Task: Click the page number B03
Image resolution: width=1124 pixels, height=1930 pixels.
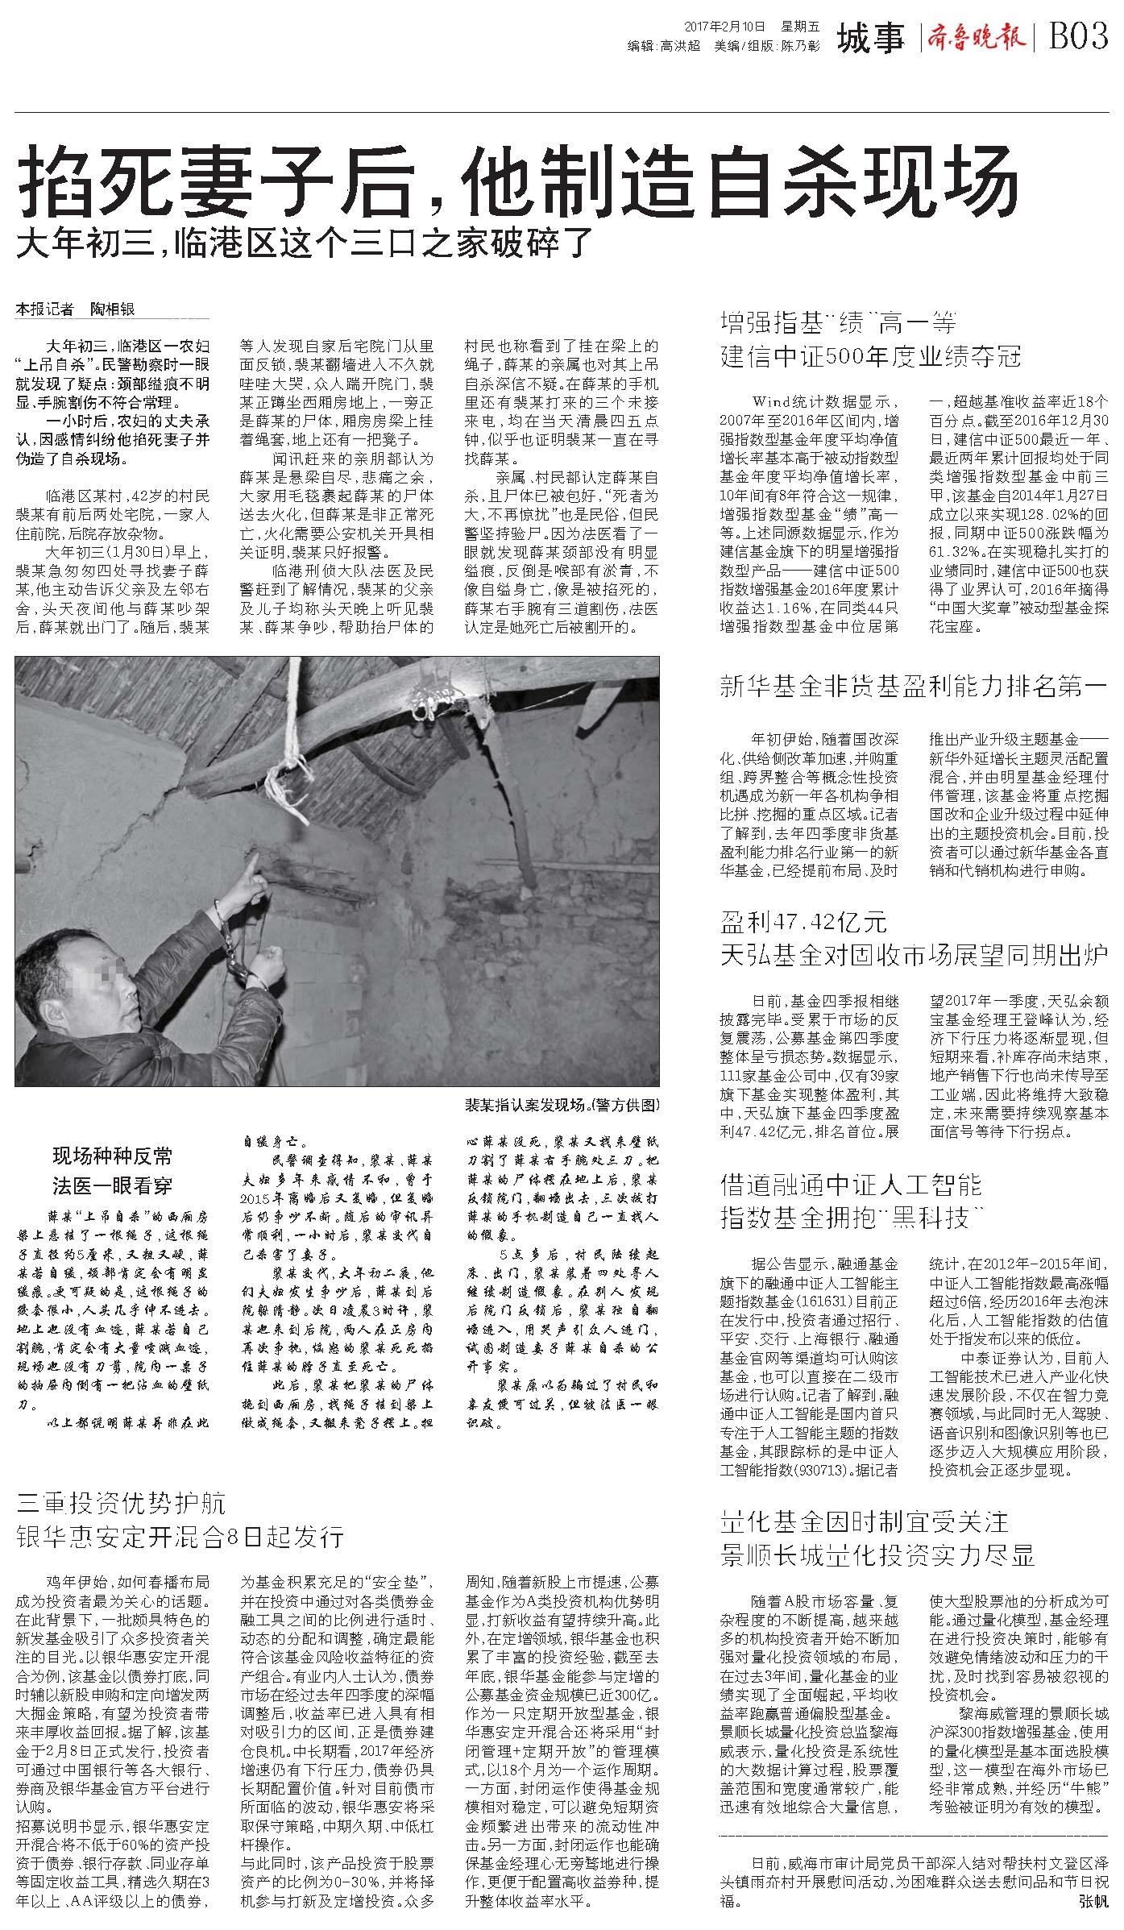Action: tap(1079, 36)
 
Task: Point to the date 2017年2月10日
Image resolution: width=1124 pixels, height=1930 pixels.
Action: tap(724, 26)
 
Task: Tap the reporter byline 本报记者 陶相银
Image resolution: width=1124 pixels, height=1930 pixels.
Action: tap(77, 309)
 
